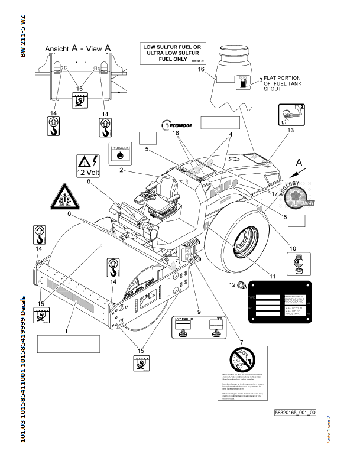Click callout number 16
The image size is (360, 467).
pyautogui.click(x=201, y=70)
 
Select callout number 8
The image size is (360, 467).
pyautogui.click(x=89, y=182)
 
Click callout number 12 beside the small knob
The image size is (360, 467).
pyautogui.click(x=232, y=286)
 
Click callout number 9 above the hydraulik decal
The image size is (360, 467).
pyautogui.click(x=199, y=311)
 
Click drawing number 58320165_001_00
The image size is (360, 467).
pyautogui.click(x=295, y=412)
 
